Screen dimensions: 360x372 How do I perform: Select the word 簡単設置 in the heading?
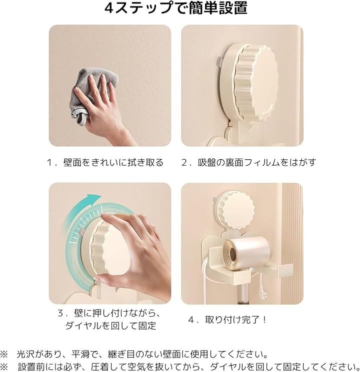[x=218, y=8]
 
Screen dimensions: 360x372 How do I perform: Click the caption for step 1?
[x=105, y=162]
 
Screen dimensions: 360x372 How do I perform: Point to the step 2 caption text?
[x=249, y=162]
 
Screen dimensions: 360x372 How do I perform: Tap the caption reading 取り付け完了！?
[x=236, y=320]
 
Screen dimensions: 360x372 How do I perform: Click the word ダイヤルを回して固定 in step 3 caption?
[x=110, y=326]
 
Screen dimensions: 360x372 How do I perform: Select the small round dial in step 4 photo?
[x=236, y=212]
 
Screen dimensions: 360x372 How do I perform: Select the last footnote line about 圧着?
[x=180, y=367]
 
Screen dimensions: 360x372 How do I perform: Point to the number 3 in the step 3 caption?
[x=60, y=314]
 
